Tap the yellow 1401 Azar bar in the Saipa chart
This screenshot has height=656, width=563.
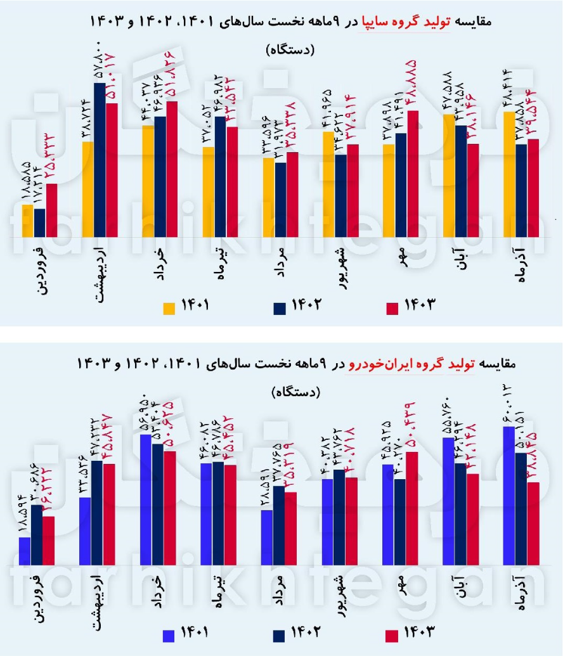(508, 174)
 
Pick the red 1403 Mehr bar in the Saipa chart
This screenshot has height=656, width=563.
(413, 174)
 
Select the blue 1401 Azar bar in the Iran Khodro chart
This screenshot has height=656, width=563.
(508, 495)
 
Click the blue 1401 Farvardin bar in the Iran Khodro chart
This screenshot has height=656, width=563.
(25, 551)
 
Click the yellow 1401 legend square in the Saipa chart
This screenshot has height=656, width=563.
(169, 308)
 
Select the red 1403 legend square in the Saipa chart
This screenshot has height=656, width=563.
(392, 308)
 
